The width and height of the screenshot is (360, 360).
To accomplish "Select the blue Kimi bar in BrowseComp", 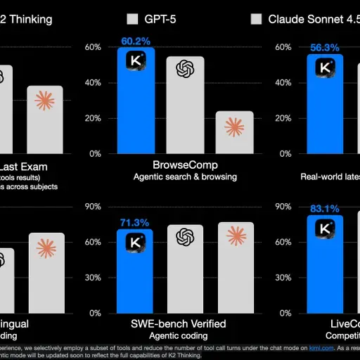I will point(135,105).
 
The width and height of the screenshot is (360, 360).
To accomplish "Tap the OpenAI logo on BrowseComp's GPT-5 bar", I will point(185,68).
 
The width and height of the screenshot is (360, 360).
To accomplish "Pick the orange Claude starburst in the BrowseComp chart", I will point(234,127).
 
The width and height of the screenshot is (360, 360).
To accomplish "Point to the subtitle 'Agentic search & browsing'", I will point(185,177).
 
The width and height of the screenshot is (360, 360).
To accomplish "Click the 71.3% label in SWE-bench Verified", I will point(135,223).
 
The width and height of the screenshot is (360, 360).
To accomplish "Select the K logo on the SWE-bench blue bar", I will point(135,242).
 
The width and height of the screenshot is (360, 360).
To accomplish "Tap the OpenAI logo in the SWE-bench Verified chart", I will point(185,238).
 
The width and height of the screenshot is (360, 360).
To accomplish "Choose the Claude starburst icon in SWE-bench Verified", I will point(234,236).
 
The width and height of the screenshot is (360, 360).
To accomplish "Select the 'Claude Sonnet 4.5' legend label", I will point(314,19).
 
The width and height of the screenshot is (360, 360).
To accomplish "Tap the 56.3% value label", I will point(325,48).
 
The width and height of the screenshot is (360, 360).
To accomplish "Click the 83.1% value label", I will point(325,209).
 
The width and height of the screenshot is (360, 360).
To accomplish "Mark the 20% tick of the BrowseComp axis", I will point(93,118).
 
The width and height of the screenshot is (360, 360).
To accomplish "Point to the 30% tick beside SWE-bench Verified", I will point(93,277).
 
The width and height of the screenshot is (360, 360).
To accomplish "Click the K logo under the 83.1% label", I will point(325,229).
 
